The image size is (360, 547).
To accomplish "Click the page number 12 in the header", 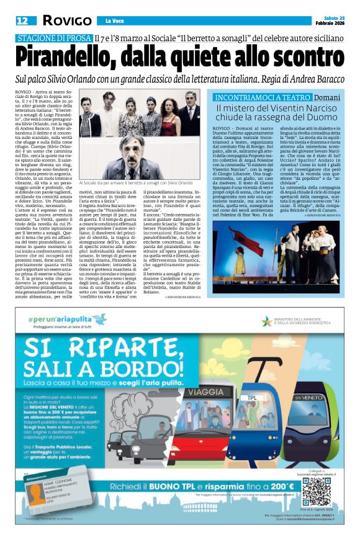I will coord(22,21).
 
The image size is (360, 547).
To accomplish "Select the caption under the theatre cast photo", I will coord(136,184).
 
